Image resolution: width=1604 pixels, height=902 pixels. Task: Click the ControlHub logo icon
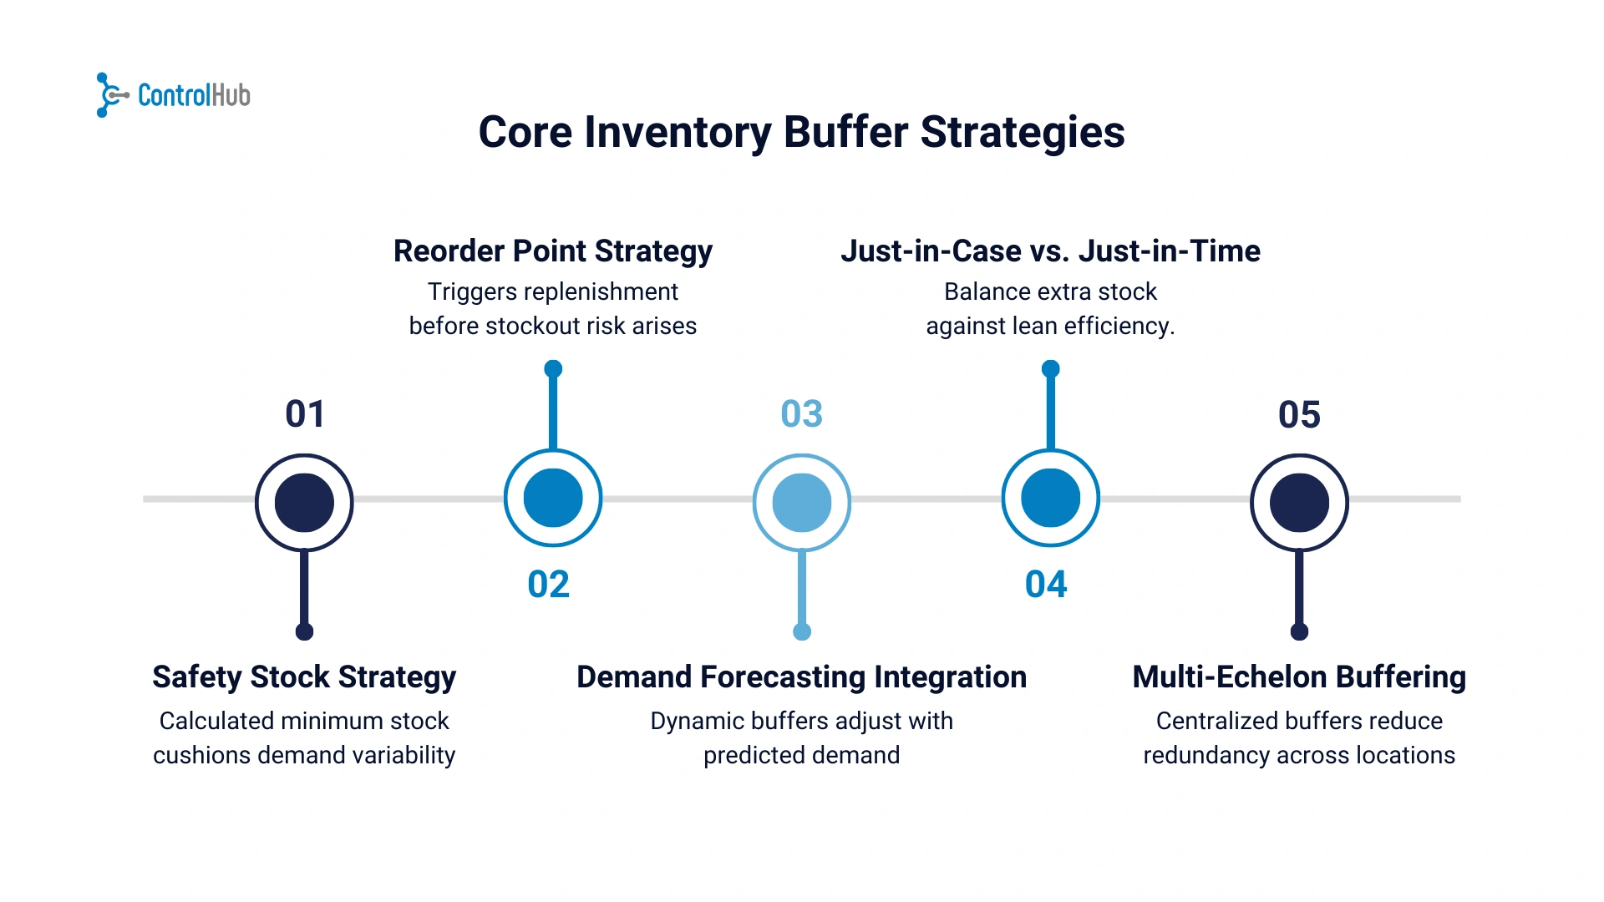click(112, 95)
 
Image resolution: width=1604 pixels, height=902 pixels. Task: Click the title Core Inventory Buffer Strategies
click(802, 133)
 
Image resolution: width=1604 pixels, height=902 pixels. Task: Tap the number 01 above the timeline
click(305, 414)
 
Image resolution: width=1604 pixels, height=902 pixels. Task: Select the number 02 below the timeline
click(549, 585)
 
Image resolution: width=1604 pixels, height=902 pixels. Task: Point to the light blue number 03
click(802, 414)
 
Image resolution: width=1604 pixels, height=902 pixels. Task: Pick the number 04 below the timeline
click(1046, 585)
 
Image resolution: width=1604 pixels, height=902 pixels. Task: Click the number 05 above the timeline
click(1299, 414)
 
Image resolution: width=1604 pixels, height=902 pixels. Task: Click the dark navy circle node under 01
click(304, 503)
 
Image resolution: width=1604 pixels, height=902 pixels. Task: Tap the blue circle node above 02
click(553, 498)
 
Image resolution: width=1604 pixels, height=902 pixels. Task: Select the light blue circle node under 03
click(802, 503)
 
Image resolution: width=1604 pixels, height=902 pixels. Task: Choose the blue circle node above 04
click(1051, 498)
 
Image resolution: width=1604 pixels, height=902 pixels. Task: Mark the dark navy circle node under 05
click(1299, 503)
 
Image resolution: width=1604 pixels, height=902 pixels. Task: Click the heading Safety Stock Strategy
click(304, 677)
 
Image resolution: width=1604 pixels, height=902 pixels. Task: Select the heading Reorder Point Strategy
click(553, 251)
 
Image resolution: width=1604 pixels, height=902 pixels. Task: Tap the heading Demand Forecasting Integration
click(802, 677)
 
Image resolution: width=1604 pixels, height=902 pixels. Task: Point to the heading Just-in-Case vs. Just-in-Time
click(1051, 251)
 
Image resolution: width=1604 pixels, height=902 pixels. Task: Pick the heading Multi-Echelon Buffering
click(1299, 677)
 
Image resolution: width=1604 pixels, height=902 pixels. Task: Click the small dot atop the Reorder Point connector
click(553, 368)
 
